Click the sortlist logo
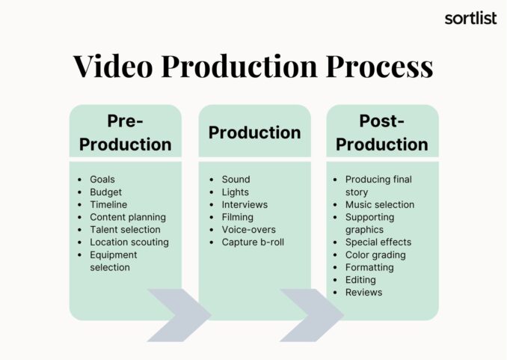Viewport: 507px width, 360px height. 470,18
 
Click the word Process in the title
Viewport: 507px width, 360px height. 375,67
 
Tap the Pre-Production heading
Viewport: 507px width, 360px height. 125,132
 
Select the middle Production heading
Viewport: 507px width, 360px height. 254,132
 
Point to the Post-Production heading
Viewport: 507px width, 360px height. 381,132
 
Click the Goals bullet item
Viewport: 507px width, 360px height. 103,180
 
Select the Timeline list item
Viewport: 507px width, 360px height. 108,204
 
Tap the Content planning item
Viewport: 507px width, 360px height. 128,217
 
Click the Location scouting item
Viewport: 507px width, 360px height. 129,242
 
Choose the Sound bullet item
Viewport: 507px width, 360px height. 236,180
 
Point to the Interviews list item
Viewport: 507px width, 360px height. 245,204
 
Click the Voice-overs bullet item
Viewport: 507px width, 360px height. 248,230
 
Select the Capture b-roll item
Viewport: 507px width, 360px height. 253,242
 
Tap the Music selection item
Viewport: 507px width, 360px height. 379,204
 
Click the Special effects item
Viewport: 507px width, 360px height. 378,242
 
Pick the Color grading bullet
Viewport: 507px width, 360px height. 375,254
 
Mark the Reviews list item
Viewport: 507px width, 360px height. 363,292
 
